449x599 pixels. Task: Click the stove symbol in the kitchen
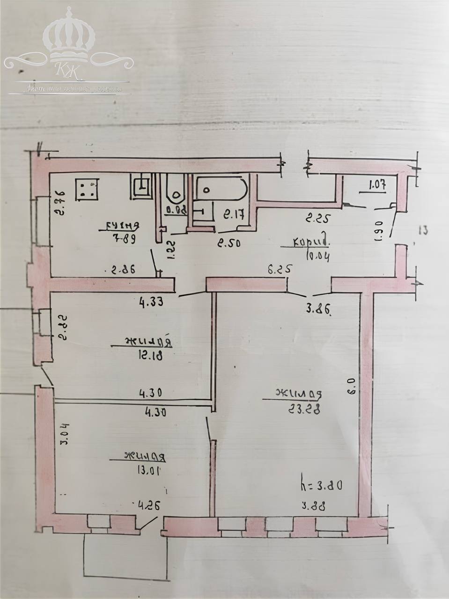[88, 189]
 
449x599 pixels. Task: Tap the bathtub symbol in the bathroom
[221, 189]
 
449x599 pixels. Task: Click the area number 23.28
[304, 409]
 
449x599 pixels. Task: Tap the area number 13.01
[147, 469]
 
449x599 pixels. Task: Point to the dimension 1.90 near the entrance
[379, 231]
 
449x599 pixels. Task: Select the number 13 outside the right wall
[423, 230]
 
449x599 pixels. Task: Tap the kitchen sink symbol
[141, 186]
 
